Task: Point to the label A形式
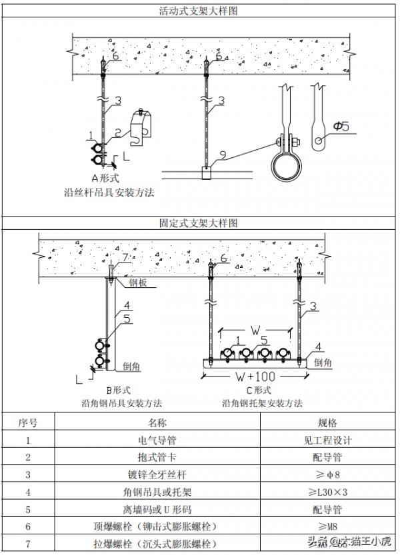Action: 104,178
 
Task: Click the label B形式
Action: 121,390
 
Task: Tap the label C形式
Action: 259,390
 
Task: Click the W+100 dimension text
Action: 256,376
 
